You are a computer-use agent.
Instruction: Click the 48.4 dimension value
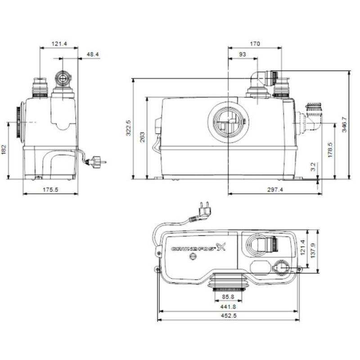93,54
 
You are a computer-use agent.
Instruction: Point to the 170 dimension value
255,44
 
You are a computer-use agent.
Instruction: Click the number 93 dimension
243,54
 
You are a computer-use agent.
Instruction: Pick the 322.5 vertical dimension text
128,128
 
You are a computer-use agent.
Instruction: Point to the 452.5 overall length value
229,316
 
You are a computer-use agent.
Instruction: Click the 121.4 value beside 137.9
303,247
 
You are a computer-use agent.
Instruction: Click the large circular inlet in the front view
228,120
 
